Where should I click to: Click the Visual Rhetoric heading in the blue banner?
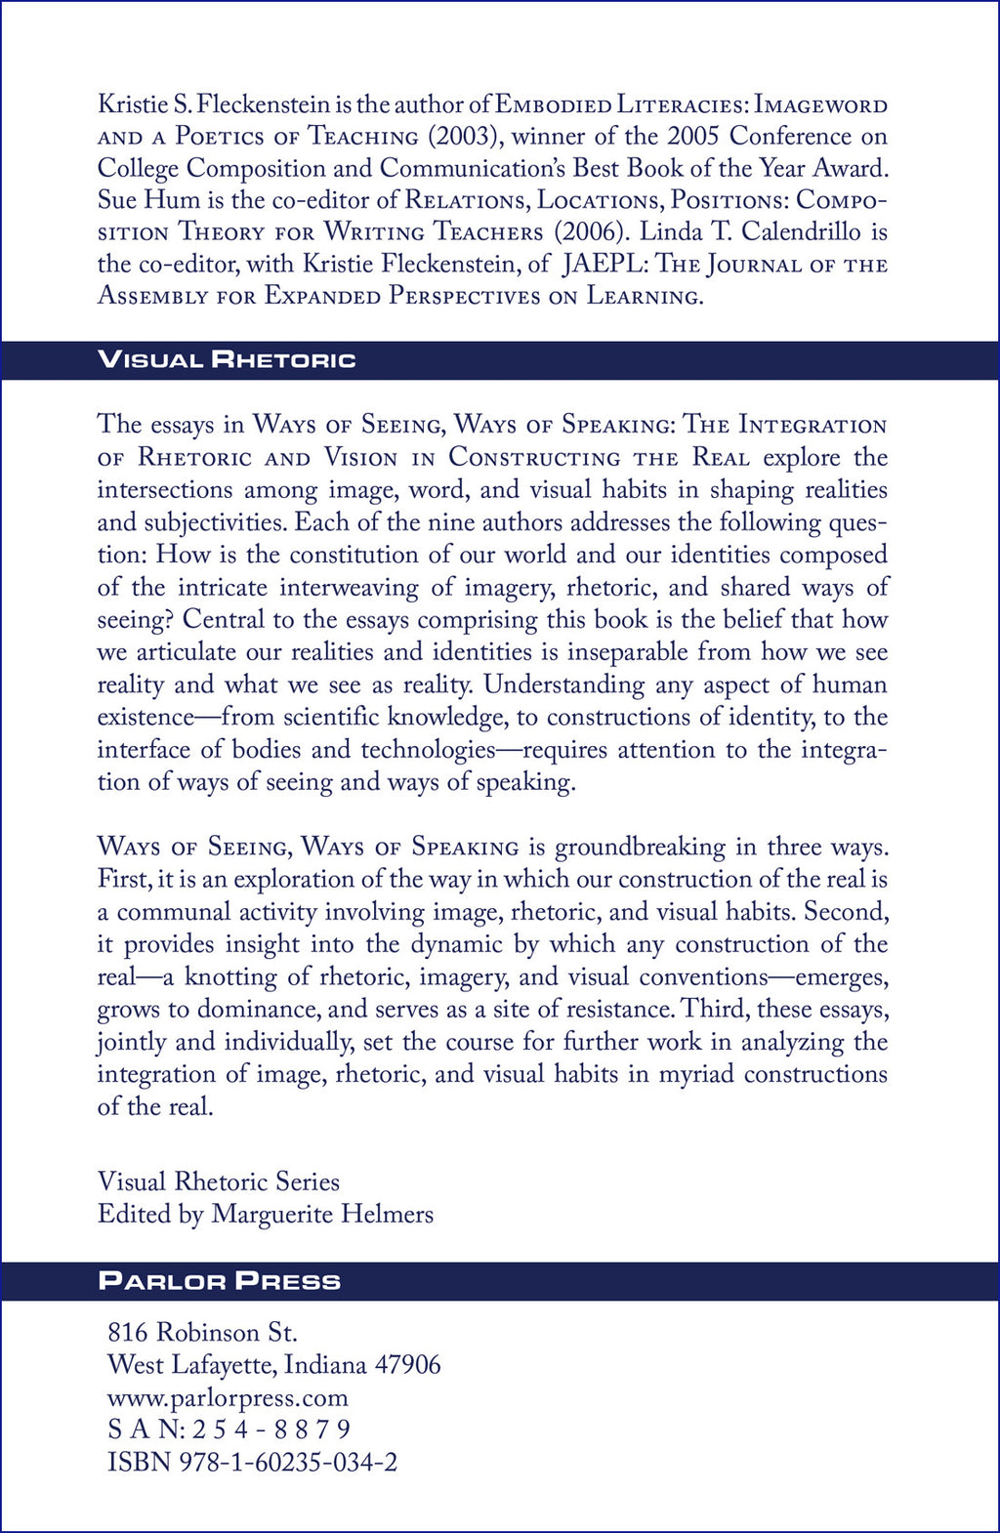pyautogui.click(x=227, y=359)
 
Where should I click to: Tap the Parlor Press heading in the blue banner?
pyautogui.click(x=220, y=1280)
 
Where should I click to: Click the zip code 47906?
pyautogui.click(x=407, y=1364)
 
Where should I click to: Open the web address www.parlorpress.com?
pyautogui.click(x=228, y=1396)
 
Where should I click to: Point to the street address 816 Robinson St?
pyautogui.click(x=202, y=1332)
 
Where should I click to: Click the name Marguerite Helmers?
pyautogui.click(x=322, y=1214)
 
